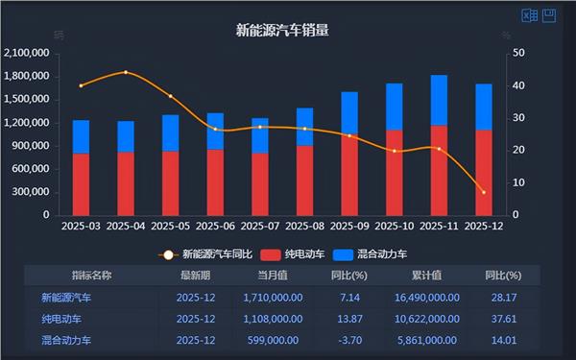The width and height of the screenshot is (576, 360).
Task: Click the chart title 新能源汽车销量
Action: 282,30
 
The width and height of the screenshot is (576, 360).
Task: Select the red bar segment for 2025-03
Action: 81,184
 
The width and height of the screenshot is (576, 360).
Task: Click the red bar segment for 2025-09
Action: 349,175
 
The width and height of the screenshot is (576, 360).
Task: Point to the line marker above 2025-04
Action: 126,72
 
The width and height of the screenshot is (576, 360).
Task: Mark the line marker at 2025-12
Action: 483,192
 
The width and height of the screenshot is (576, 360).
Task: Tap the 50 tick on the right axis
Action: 518,53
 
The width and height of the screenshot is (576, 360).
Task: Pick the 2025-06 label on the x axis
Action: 215,228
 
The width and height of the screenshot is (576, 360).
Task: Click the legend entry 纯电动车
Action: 306,254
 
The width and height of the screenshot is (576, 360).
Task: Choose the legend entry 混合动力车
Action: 382,254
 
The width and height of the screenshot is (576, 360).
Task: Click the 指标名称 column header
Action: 92,276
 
